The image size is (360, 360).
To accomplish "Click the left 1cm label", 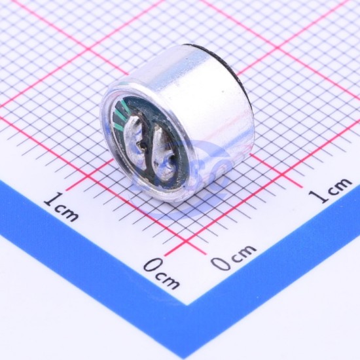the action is pos(62,207).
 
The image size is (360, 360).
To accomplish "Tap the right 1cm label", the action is pos(330,190).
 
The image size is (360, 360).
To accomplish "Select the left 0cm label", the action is pos(162,273).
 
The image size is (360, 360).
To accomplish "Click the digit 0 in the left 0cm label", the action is pos(152,265).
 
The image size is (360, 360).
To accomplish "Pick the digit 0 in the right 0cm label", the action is pos(221,263).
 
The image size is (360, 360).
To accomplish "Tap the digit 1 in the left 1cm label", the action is pos(52,199).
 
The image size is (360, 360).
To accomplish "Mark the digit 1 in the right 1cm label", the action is pos(318,196).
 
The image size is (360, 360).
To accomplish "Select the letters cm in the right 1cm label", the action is pos(338,185).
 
